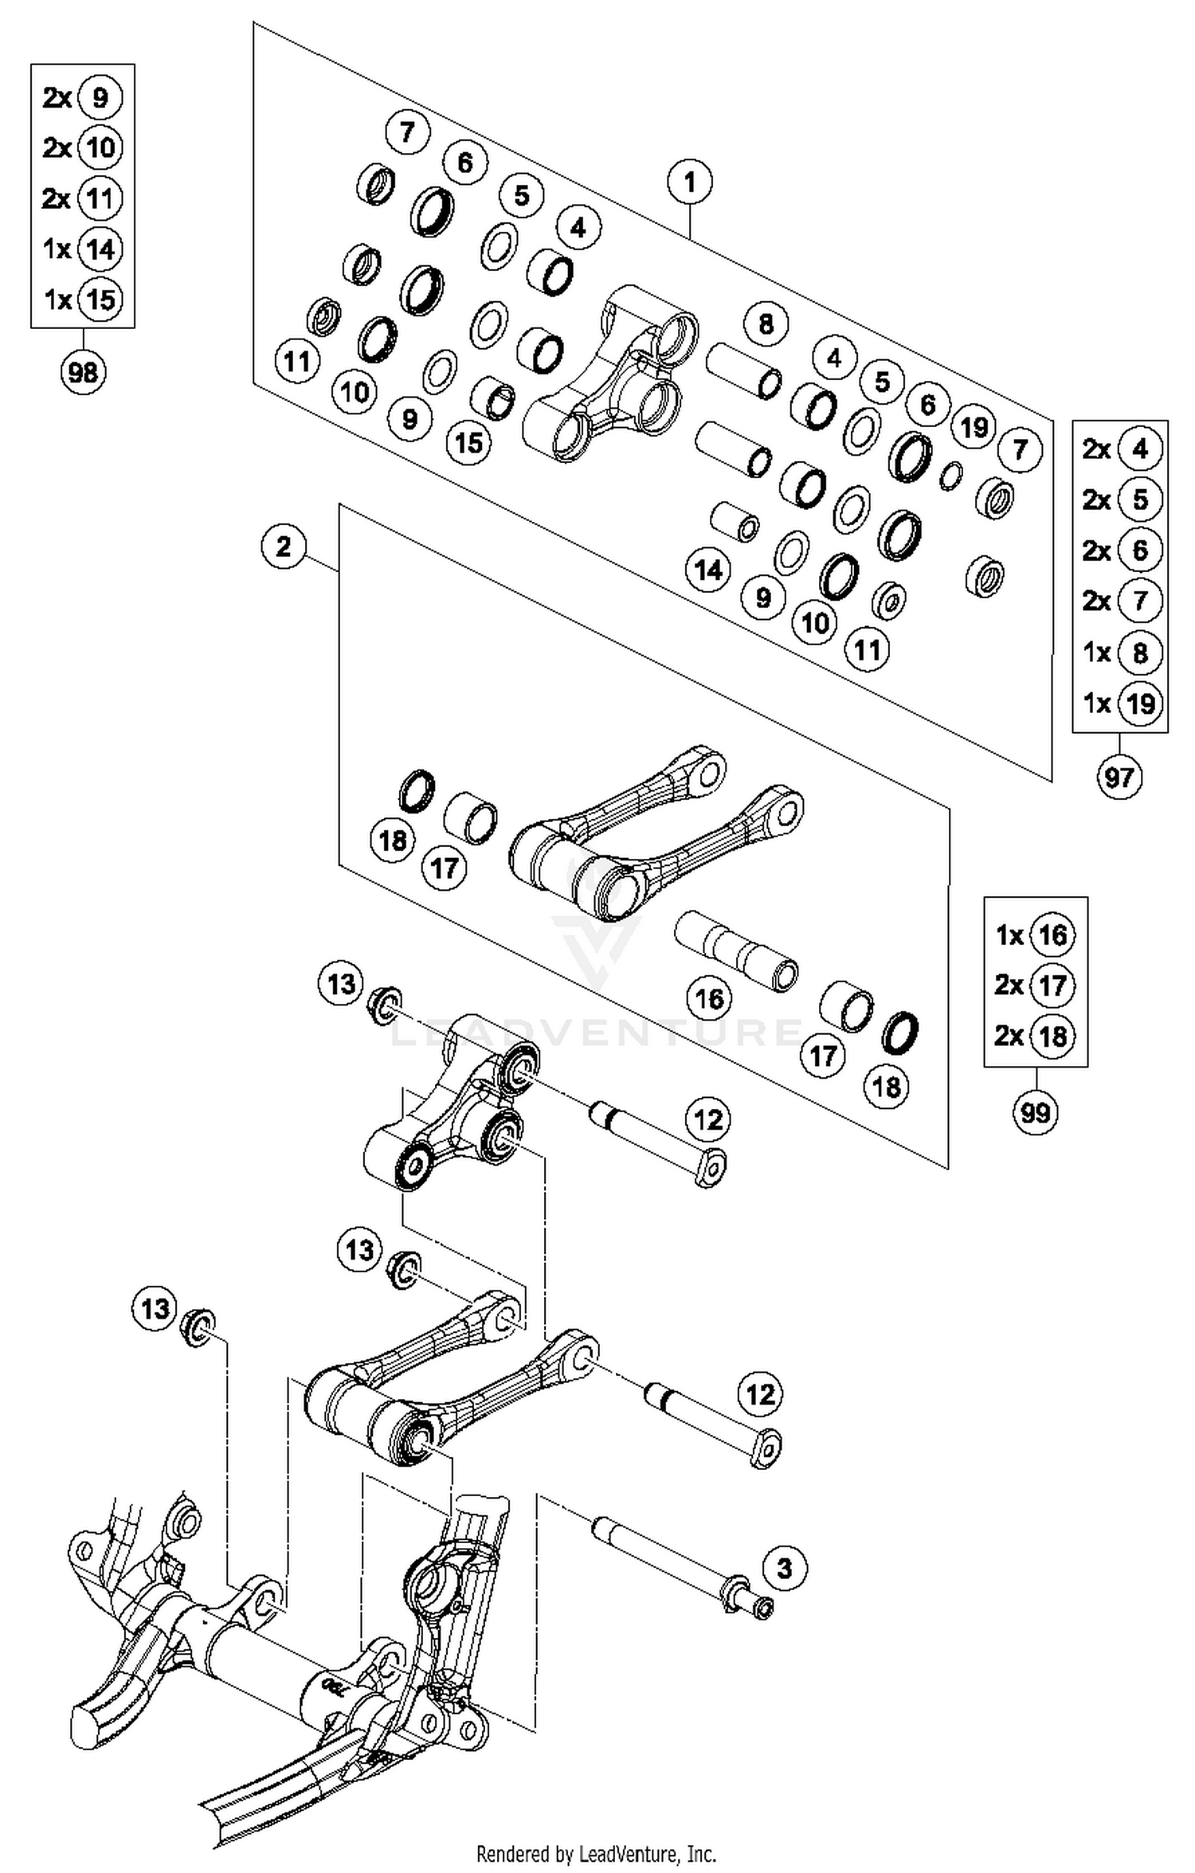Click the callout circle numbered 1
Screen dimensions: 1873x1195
[x=690, y=182]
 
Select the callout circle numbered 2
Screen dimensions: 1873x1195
[x=284, y=547]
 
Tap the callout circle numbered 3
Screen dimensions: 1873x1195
[x=785, y=1569]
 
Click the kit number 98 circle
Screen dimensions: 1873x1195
[x=83, y=372]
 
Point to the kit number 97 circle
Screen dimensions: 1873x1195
[x=1119, y=776]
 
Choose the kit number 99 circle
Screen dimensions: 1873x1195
[x=1036, y=1111]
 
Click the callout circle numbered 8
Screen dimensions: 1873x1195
[x=766, y=324]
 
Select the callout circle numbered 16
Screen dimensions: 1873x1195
[x=709, y=998]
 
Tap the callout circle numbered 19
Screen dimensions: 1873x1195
[x=974, y=428]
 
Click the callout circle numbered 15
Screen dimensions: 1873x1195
[x=468, y=442]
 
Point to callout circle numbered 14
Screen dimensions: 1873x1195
[x=708, y=570]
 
